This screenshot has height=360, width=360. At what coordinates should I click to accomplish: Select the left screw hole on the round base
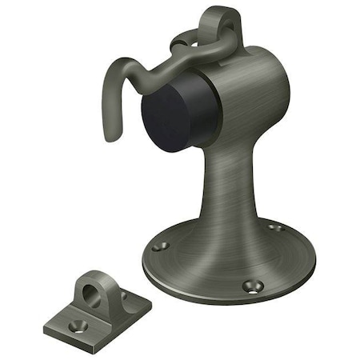160,246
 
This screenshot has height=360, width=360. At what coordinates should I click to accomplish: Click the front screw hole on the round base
257,283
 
